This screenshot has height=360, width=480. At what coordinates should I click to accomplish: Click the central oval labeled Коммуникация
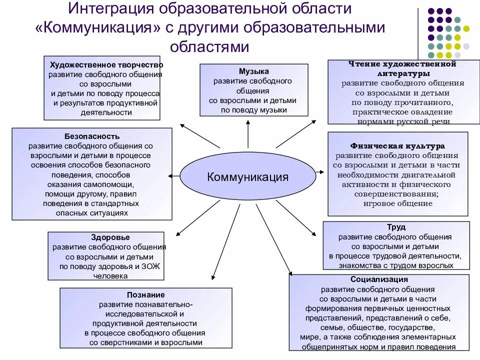(x=248, y=176)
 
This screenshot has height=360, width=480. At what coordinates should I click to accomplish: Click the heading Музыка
(x=253, y=71)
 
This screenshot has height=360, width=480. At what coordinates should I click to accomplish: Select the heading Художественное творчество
(x=106, y=65)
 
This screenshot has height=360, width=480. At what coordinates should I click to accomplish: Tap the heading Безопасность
(x=92, y=136)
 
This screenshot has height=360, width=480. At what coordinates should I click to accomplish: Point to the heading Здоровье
(x=110, y=237)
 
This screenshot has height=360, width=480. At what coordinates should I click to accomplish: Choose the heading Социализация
(x=379, y=279)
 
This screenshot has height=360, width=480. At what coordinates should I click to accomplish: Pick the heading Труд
(x=396, y=227)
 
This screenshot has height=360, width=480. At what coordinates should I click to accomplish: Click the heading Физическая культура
(x=397, y=146)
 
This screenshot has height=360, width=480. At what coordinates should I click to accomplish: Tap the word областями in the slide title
(x=209, y=46)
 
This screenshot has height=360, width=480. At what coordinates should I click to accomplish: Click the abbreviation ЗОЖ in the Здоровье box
(x=152, y=266)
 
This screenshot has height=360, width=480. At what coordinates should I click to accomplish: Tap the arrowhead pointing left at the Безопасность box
(x=171, y=175)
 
